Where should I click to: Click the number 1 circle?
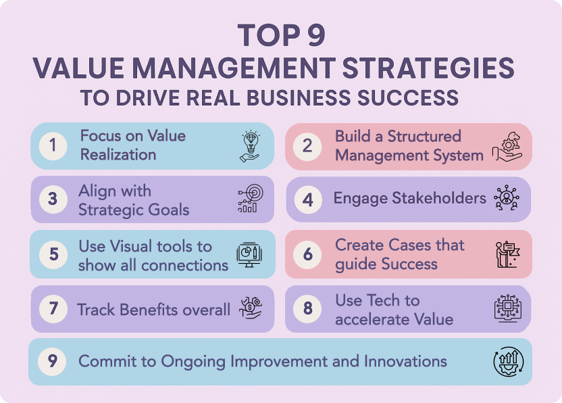53,145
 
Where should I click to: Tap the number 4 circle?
308,199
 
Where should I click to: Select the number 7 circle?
53,308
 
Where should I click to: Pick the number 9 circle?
52,361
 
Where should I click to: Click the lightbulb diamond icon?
250,146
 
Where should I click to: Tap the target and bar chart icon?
251,198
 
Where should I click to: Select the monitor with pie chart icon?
249,254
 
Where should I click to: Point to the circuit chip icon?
508,308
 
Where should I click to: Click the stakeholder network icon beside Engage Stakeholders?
507,197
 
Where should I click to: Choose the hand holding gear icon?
507,147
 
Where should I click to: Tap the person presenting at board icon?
508,254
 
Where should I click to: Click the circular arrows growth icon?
509,362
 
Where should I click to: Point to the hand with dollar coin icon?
251,308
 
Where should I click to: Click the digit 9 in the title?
316,35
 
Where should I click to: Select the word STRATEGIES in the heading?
429,68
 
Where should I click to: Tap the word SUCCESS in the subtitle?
408,97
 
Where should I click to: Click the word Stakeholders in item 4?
439,197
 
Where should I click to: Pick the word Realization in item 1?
118,155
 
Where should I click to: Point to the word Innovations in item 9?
405,361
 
